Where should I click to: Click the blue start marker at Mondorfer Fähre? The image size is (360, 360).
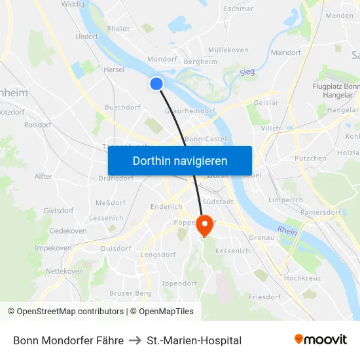(x=156, y=83)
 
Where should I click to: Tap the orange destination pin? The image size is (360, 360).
(x=204, y=225)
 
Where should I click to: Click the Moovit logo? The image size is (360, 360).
(x=320, y=340)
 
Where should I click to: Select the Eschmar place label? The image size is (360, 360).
(x=238, y=9)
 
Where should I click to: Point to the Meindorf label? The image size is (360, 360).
(x=285, y=52)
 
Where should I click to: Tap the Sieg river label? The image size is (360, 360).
(x=246, y=73)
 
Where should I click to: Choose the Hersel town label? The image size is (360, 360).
(x=113, y=69)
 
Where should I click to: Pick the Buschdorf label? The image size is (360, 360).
(x=122, y=107)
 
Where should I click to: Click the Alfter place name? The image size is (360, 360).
(x=43, y=177)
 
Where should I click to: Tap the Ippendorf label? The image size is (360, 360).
(x=179, y=283)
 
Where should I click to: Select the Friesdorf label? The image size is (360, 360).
(x=264, y=297)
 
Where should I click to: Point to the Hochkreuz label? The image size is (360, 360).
(x=302, y=278)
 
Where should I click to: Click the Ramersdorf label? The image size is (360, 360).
(x=321, y=213)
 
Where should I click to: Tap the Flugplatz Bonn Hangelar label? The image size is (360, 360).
(x=336, y=90)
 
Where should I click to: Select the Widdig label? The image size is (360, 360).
(x=72, y=5)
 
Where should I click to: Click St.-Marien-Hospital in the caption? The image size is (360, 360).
(x=194, y=340)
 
